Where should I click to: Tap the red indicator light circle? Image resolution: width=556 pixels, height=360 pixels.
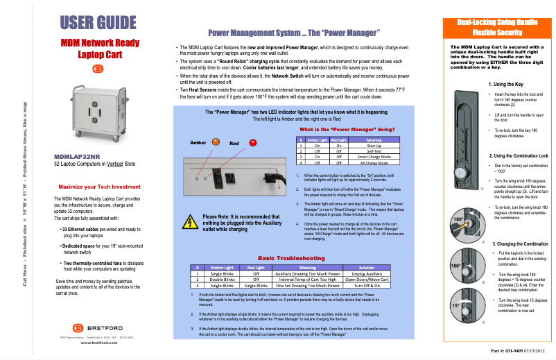click(x=252, y=143)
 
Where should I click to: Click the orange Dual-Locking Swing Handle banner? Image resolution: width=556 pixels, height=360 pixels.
click(x=496, y=28)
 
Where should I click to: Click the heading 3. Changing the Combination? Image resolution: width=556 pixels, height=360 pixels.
click(x=520, y=244)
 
